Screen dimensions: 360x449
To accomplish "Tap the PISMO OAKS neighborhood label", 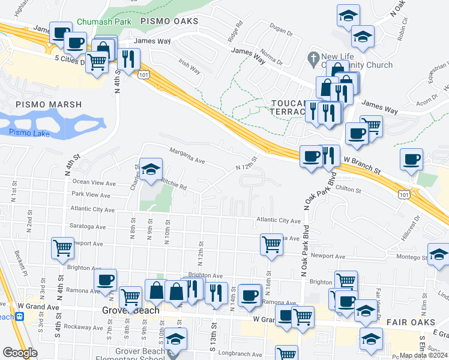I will point(169,21).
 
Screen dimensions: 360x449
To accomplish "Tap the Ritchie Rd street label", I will point(173,186).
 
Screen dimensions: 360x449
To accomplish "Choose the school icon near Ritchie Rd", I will point(151,170).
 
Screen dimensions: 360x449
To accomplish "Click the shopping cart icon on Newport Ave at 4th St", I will point(62,247).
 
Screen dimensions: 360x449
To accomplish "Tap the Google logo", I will point(20,353).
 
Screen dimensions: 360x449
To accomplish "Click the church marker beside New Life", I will point(312,59).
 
